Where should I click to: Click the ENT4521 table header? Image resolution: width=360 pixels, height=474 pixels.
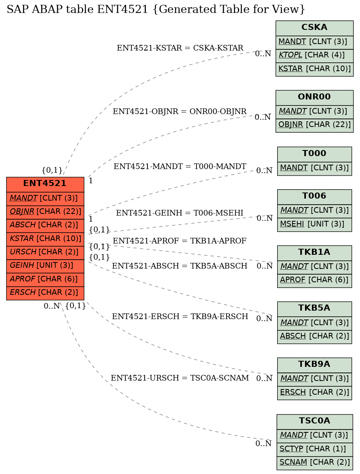point(45,184)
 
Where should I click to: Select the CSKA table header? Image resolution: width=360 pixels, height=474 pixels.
point(314,28)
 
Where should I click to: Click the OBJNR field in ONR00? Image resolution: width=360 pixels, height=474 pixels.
point(314,125)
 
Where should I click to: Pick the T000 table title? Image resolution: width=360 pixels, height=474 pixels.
point(314,154)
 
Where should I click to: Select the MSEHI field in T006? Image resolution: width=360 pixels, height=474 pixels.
point(314,224)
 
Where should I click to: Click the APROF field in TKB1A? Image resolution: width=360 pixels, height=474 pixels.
point(314,280)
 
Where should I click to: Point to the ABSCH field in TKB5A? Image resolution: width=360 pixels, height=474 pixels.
point(314,336)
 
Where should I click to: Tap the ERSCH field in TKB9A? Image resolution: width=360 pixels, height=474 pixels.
point(314,393)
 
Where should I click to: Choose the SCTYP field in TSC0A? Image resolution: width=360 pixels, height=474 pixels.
point(314,449)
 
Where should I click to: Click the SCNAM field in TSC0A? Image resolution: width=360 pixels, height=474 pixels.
point(314,463)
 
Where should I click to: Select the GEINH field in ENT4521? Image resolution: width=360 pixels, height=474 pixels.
point(45,266)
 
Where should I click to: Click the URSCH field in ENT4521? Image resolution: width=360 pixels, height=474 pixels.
point(45,252)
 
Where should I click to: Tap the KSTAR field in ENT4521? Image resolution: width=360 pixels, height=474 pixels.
point(45,239)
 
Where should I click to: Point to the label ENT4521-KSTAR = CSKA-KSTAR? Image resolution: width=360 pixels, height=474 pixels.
point(180,48)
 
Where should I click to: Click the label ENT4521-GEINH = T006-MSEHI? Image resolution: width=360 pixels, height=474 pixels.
point(180,213)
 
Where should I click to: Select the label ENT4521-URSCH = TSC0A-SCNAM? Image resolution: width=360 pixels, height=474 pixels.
point(180,378)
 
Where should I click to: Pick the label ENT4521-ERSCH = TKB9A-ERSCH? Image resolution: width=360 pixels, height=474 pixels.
point(180,317)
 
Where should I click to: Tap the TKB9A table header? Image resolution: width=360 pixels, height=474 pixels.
point(314,364)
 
